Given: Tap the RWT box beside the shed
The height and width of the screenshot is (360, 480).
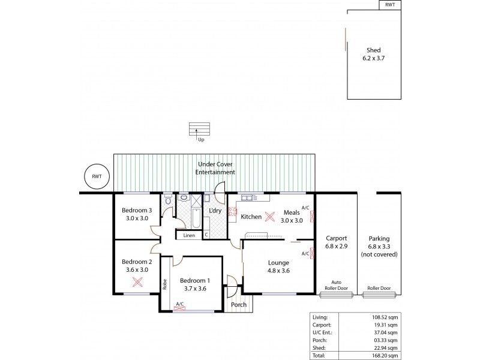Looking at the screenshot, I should [x=391, y=5].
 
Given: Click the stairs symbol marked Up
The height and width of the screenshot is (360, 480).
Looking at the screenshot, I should [x=201, y=130].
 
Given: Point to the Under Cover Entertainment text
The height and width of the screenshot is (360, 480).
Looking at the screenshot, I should [x=215, y=167].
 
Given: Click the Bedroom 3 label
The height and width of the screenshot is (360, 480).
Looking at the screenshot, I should [x=137, y=214].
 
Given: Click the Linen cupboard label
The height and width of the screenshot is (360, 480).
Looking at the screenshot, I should [x=189, y=235].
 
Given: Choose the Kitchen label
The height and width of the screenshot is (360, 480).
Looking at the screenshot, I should [x=251, y=216].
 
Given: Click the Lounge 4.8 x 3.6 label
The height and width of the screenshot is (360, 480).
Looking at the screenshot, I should [x=279, y=266].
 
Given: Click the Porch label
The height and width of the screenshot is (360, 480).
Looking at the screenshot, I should [x=239, y=305].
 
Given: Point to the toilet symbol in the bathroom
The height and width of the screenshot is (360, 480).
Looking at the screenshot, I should [x=168, y=199].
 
